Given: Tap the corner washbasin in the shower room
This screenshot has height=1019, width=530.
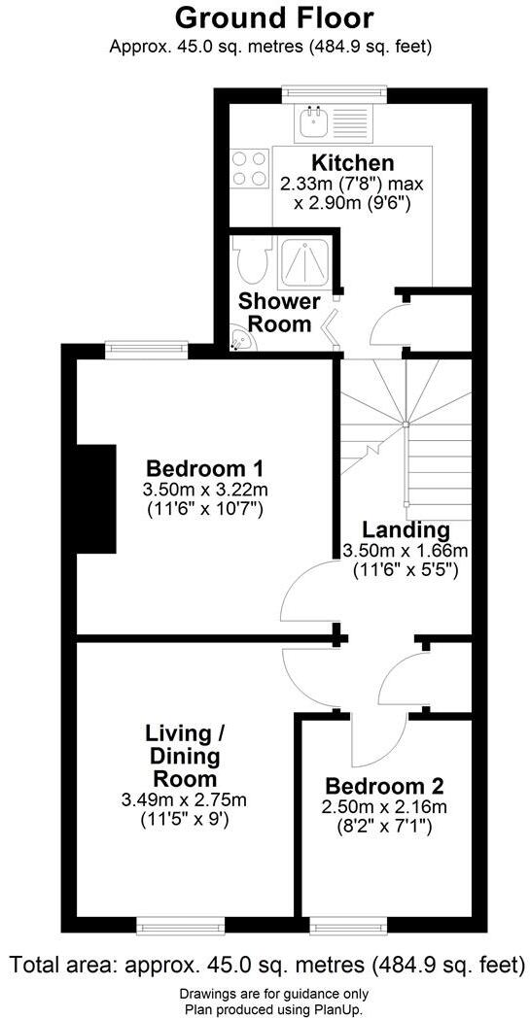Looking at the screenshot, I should tap(238, 340).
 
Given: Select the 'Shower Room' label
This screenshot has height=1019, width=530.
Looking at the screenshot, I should tap(278, 313).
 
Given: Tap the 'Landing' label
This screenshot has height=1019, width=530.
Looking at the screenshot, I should tap(406, 530).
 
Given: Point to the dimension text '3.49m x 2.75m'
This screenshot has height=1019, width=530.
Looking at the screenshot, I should tap(184, 800).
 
